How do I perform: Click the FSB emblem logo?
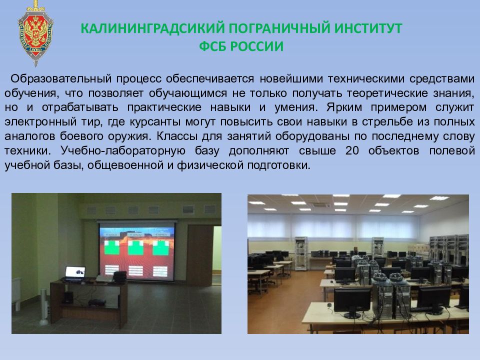[35, 33]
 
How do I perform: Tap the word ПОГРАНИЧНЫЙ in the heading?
[279, 28]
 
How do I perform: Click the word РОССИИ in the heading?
[257, 46]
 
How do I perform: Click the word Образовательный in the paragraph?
[61, 79]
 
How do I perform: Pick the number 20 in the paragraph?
[352, 151]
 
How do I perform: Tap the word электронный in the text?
[40, 122]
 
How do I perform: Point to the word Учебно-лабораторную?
[123, 151]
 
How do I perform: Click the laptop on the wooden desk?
[74, 273]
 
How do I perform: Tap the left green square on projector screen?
[112, 247]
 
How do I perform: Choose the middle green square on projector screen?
[136, 247]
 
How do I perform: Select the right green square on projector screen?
[160, 248]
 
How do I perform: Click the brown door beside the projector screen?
[199, 255]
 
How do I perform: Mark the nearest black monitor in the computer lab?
[351, 302]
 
